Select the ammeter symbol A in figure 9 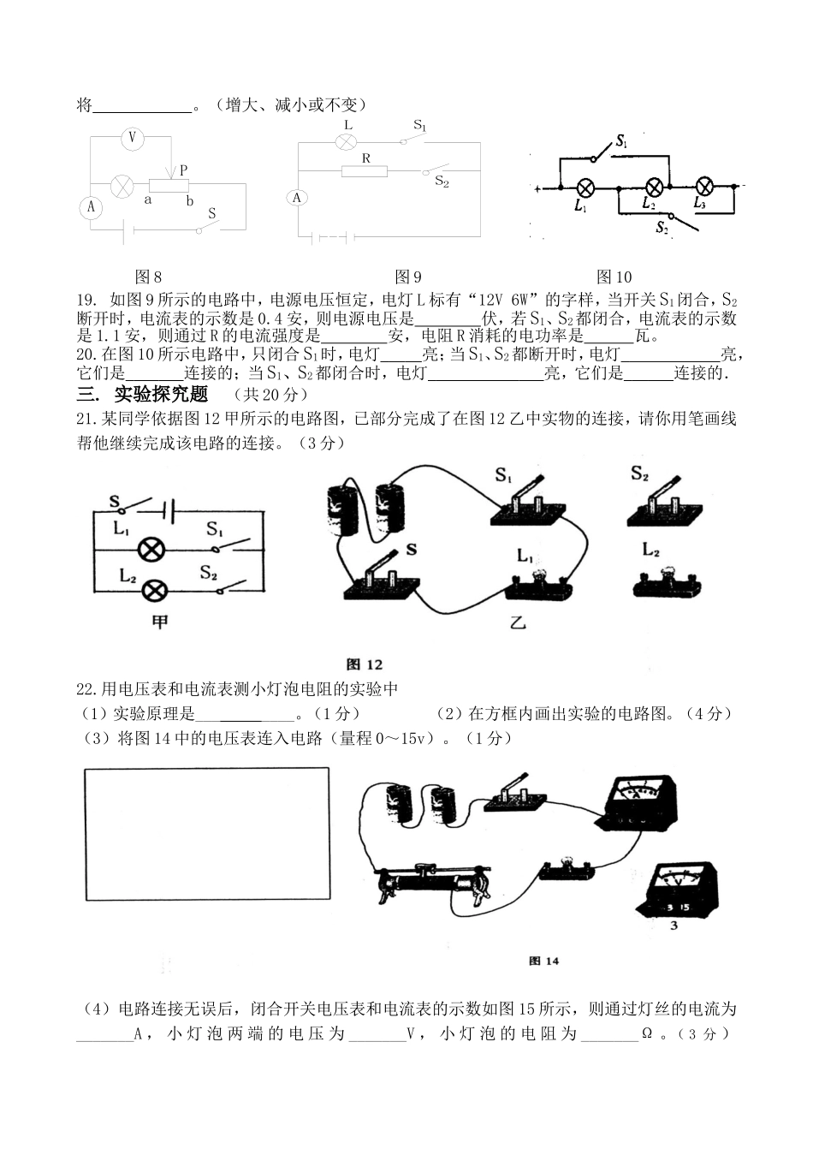point(297,199)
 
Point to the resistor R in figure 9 point(365,171)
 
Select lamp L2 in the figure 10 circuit point(654,188)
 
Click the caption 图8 point(149,277)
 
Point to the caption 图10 point(614,277)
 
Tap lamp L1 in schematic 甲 point(151,549)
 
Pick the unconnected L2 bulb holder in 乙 point(668,582)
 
